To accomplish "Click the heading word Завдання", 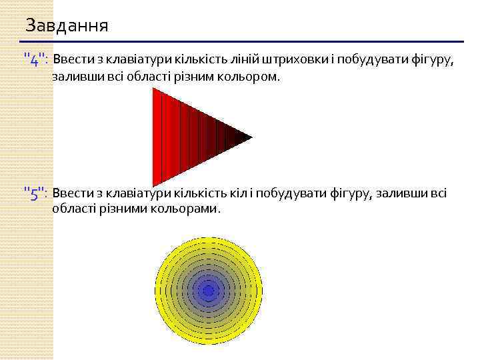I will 67,26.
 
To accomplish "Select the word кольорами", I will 189,209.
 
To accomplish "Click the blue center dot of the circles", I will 208,291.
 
